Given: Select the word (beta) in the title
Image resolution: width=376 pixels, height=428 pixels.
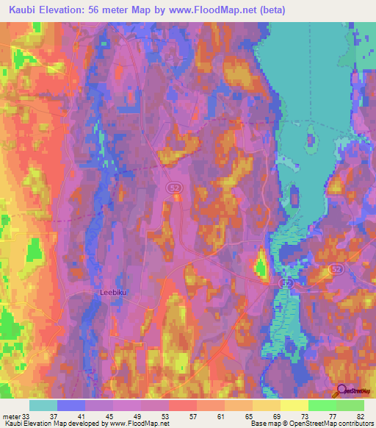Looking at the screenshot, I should click(x=268, y=10).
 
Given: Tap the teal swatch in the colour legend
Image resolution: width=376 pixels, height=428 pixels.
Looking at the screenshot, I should click(x=43, y=405).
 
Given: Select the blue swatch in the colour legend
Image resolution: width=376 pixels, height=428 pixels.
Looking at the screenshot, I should click(x=71, y=405).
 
